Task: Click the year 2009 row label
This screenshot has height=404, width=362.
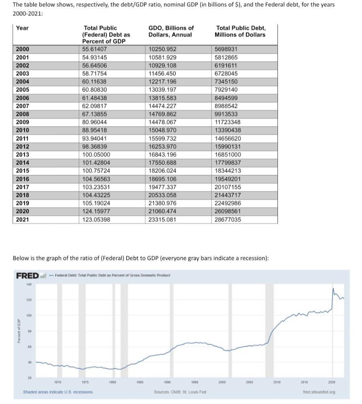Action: point(22,122)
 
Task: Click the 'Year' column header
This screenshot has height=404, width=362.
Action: point(23,28)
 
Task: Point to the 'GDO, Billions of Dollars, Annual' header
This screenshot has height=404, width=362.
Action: point(171,31)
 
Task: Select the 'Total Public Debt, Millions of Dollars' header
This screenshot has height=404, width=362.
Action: point(240,31)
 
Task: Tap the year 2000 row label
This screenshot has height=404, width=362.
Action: point(22,49)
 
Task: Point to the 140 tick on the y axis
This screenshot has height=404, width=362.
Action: point(29,284)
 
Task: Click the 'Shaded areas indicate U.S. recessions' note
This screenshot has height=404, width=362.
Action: point(58,392)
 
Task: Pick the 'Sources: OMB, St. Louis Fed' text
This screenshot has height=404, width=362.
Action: point(180,392)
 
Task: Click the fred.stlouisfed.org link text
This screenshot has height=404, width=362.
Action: point(321,392)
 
